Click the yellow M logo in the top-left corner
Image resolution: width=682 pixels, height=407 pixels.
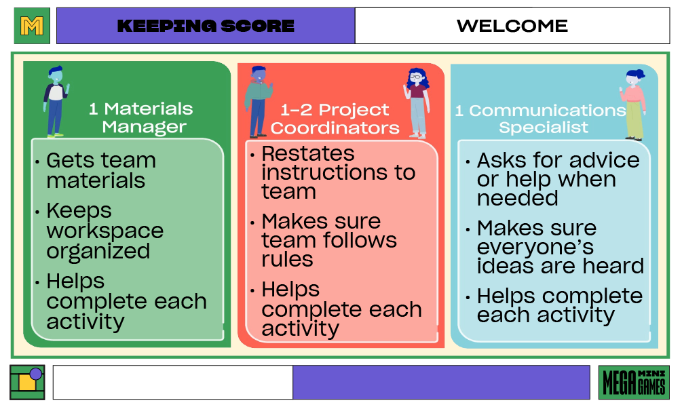(32, 26)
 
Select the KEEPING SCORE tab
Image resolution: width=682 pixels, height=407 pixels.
(206, 26)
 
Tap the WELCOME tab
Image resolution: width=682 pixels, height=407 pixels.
(512, 26)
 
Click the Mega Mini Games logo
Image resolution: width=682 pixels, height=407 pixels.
(634, 383)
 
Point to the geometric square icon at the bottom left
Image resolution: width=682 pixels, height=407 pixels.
(27, 383)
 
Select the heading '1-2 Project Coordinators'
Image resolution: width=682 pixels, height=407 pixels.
(335, 119)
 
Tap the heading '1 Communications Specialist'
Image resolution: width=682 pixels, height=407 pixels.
(542, 118)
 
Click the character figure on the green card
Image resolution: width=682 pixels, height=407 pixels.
(55, 100)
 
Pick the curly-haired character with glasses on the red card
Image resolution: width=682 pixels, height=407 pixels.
(417, 102)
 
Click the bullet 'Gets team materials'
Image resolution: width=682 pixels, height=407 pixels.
(101, 170)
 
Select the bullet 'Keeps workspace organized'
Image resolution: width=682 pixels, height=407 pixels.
(105, 231)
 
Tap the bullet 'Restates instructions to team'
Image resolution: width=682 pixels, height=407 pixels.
(338, 172)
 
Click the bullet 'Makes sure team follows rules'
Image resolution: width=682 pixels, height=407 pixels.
(329, 240)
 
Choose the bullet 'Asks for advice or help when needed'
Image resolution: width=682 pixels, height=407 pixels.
(558, 179)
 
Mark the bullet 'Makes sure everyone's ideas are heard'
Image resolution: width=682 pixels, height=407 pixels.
(560, 247)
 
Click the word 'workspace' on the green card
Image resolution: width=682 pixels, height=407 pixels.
(105, 231)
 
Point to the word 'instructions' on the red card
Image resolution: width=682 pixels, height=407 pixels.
(338, 172)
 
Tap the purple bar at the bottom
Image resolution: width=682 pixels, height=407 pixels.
(441, 383)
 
